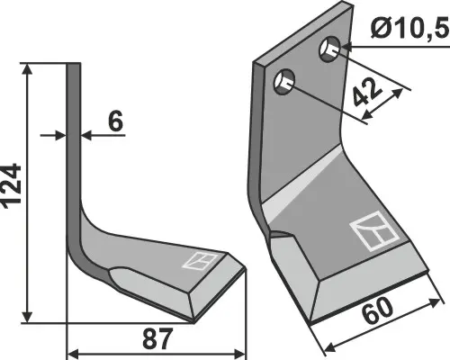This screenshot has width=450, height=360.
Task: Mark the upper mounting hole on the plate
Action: tap(331, 48)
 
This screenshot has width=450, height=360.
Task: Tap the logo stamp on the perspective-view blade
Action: tap(373, 233)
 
